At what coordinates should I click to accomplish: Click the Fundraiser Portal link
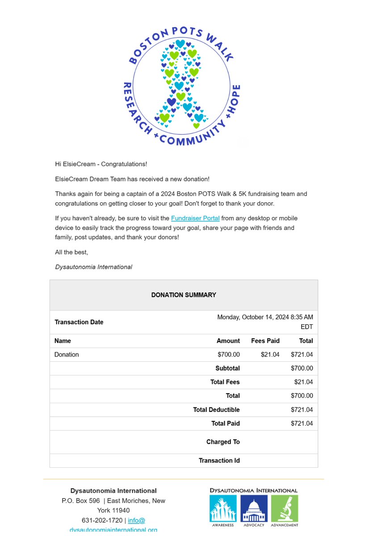tap(195, 218)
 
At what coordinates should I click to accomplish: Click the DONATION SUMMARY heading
tap(184, 295)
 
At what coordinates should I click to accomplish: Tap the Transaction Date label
tap(79, 322)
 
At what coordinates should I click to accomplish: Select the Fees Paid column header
tap(265, 341)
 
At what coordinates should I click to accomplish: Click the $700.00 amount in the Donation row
tap(229, 355)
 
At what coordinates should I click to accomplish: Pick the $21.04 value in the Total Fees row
tap(303, 382)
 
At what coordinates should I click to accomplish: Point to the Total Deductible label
tap(216, 410)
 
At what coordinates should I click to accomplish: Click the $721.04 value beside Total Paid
tap(302, 423)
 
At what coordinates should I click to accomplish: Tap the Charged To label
tap(223, 442)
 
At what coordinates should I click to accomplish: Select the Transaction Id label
tap(219, 461)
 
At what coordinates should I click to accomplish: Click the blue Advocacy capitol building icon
tap(254, 508)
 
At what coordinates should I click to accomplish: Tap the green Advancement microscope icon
tap(285, 508)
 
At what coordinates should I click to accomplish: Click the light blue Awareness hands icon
tap(223, 508)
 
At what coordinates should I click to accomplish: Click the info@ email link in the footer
tap(136, 520)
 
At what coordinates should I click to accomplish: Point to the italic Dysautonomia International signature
tap(93, 267)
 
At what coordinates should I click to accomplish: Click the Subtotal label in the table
tap(227, 368)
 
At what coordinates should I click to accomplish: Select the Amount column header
tap(228, 341)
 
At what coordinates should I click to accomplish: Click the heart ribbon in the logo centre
tap(180, 85)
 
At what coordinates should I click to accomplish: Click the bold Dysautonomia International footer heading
tap(113, 490)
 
